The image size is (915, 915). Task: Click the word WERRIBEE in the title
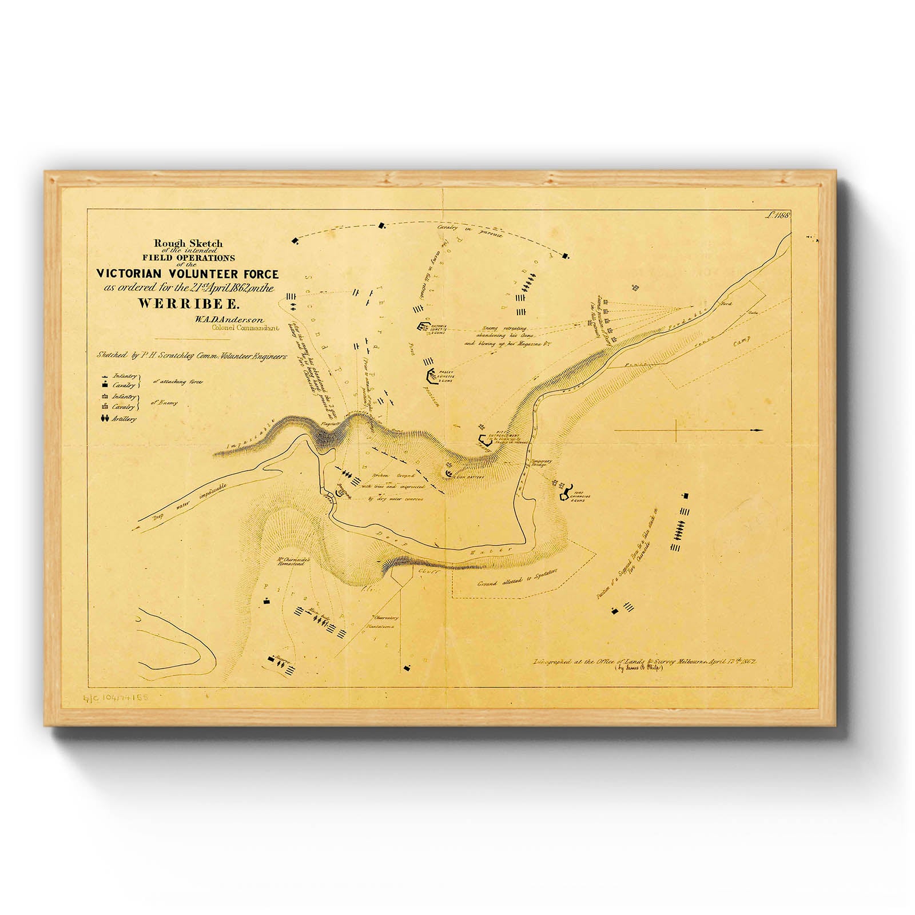pyautogui.click(x=188, y=304)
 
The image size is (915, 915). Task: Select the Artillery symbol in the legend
pyautogui.click(x=105, y=419)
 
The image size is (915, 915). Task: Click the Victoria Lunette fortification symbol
pyautogui.click(x=424, y=327)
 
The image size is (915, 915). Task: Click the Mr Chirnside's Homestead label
pyautogui.click(x=293, y=562)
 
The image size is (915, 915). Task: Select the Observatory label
pyautogui.click(x=386, y=618)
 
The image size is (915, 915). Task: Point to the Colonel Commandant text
pyautogui.click(x=245, y=328)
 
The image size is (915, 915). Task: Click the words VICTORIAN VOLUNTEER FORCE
pyautogui.click(x=187, y=274)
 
